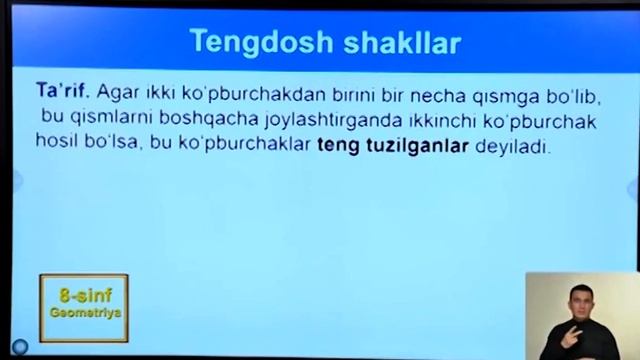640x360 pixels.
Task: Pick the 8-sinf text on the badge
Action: tap(83, 297)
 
